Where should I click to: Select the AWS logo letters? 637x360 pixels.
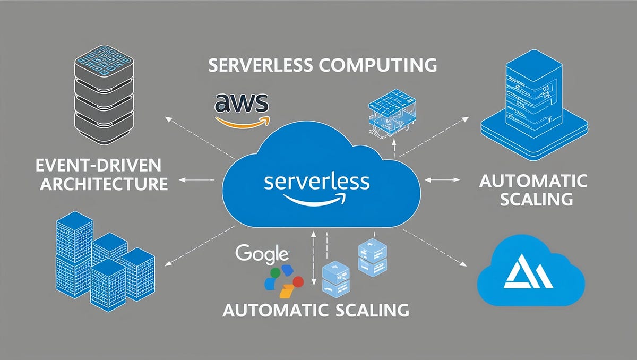(242, 102)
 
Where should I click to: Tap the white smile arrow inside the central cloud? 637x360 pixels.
(315, 200)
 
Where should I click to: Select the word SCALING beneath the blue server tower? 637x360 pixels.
(533, 200)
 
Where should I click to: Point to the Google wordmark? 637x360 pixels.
(262, 253)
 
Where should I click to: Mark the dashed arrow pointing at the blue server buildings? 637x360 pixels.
(196, 247)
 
